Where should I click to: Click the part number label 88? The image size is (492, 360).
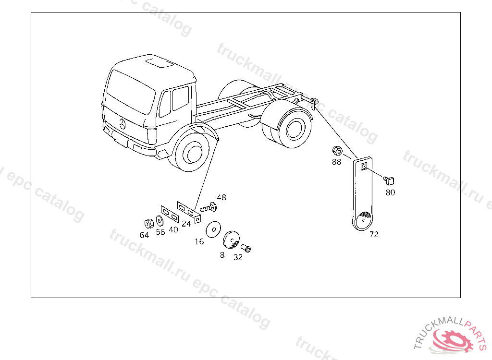click(336, 162)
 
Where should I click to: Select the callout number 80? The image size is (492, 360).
click(390, 192)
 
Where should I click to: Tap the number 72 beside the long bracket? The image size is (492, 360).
click(374, 235)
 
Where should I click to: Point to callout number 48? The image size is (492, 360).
click(221, 197)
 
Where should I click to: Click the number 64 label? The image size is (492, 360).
click(144, 235)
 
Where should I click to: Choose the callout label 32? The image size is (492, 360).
click(238, 257)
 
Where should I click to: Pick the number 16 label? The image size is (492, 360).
click(199, 241)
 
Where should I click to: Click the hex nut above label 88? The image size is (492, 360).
click(337, 151)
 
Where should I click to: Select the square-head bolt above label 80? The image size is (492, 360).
click(389, 180)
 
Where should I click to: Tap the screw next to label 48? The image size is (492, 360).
click(209, 207)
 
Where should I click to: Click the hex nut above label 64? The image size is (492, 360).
click(149, 223)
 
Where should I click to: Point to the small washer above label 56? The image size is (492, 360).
click(160, 221)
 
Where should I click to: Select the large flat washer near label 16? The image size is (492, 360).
click(213, 229)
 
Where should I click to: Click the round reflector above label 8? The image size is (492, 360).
click(231, 240)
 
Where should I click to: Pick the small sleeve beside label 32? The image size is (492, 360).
click(246, 248)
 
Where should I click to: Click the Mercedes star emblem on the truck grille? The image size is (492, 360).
click(122, 124)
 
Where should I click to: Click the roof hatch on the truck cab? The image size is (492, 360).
click(160, 62)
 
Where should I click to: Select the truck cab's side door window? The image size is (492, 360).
click(181, 98)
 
